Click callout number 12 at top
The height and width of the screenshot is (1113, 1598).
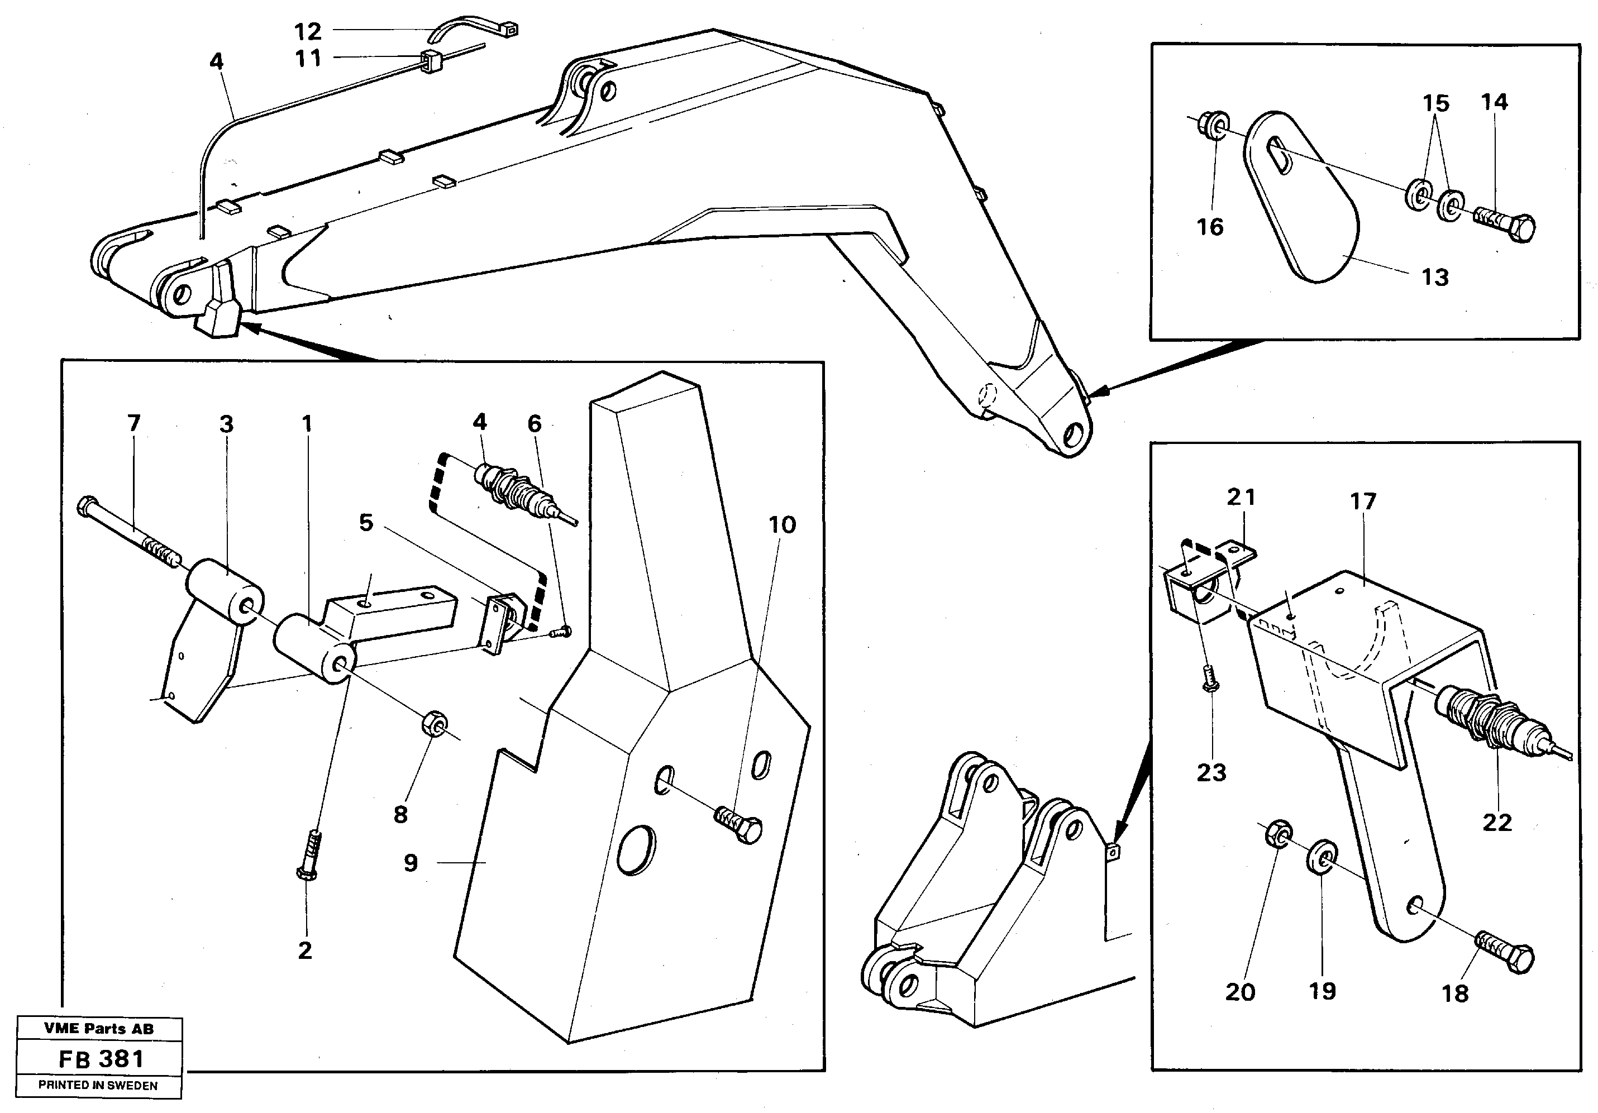click(308, 31)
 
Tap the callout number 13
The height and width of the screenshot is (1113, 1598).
click(1434, 277)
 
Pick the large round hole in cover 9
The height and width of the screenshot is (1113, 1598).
click(636, 849)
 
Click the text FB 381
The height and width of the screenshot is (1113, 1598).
click(102, 1059)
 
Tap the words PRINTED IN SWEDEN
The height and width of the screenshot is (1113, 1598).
click(98, 1085)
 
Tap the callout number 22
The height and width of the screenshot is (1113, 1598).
click(1497, 822)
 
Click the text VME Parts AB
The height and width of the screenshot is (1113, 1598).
click(99, 1028)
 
